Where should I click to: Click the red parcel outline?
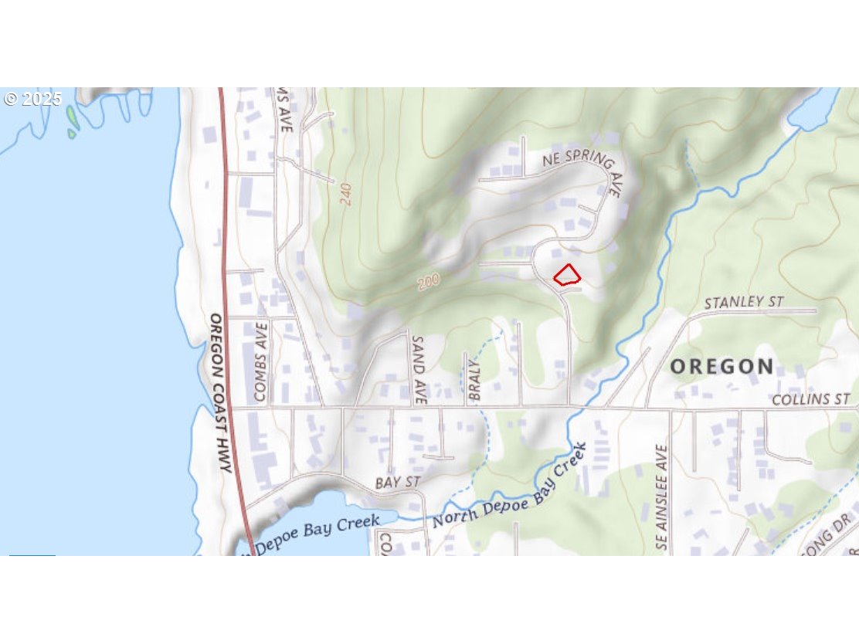(567, 275)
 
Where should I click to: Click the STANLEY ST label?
(744, 302)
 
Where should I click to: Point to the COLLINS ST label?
(810, 399)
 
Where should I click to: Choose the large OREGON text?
(721, 367)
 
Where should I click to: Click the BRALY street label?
(475, 380)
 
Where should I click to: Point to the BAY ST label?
(397, 483)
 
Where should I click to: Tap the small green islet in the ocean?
(72, 117)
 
